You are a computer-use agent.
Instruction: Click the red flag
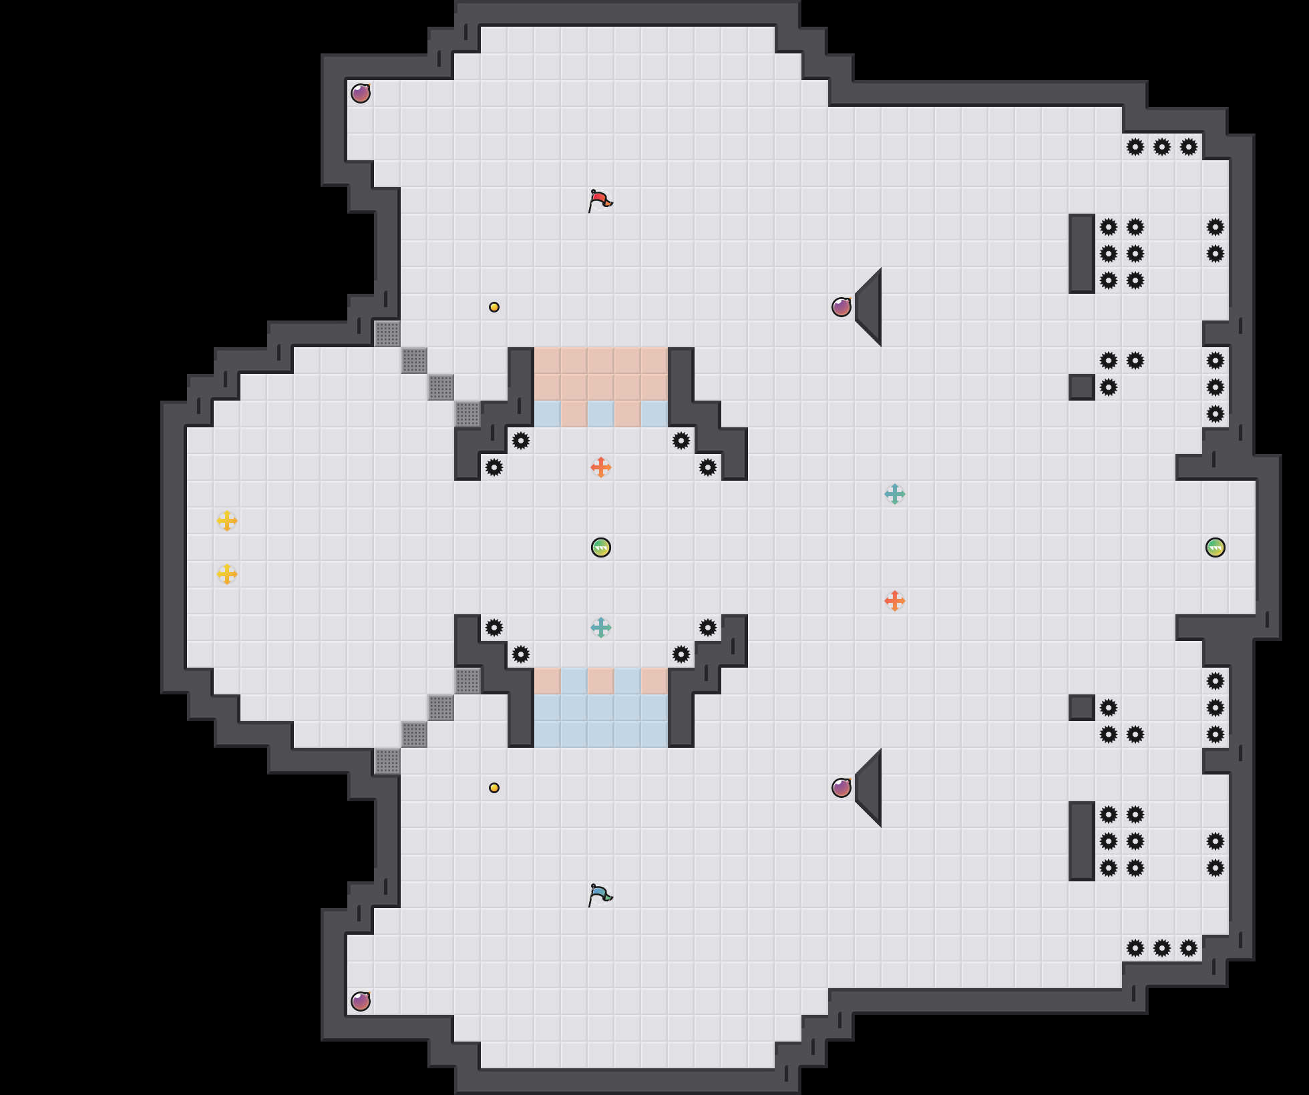pyautogui.click(x=600, y=200)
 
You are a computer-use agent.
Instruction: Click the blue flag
pyautogui.click(x=600, y=895)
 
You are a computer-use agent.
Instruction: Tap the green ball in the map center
pyautogui.click(x=601, y=547)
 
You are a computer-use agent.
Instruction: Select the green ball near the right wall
pyautogui.click(x=1215, y=547)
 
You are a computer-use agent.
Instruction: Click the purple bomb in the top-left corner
pyautogui.click(x=361, y=93)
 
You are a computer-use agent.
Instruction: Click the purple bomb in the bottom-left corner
pyautogui.click(x=361, y=1002)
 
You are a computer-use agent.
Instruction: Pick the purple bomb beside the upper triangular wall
pyautogui.click(x=841, y=307)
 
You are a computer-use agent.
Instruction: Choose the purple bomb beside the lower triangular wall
pyautogui.click(x=841, y=788)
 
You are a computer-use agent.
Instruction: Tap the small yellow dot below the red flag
pyautogui.click(x=494, y=307)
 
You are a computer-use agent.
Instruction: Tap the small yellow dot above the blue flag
pyautogui.click(x=494, y=788)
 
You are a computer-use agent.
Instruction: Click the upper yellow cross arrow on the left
pyautogui.click(x=227, y=521)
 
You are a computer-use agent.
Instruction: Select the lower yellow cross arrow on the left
pyautogui.click(x=227, y=574)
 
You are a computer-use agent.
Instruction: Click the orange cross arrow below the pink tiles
pyautogui.click(x=601, y=467)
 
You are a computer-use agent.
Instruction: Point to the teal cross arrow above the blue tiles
pyautogui.click(x=601, y=628)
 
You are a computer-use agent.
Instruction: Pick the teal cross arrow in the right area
pyautogui.click(x=895, y=494)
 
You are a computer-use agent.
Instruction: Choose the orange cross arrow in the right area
pyautogui.click(x=895, y=601)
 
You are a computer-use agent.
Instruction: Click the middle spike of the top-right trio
pyautogui.click(x=1162, y=147)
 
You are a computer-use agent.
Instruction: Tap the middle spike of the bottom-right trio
pyautogui.click(x=1162, y=948)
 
